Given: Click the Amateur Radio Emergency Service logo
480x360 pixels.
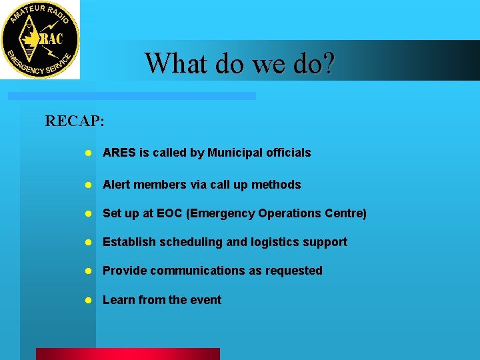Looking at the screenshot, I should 40,39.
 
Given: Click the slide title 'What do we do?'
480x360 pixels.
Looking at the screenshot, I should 240,63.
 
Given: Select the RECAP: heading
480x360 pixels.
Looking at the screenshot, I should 75,121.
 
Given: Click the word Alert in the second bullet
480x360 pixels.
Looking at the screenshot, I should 117,185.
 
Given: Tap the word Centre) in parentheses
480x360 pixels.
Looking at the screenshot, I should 345,213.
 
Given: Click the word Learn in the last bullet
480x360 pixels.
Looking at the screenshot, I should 118,300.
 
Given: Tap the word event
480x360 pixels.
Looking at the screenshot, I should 205,300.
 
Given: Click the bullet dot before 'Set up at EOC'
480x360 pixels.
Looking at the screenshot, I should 88,214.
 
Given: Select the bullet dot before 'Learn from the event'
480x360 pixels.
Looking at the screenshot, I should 88,301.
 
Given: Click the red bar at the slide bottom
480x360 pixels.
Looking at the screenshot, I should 127,354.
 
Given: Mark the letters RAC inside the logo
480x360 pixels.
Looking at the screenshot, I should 51,39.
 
